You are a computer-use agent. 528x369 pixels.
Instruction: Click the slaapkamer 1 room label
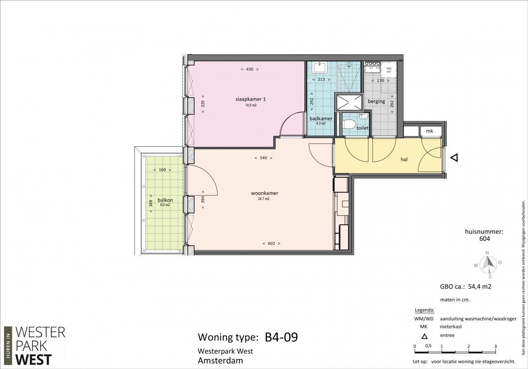250,99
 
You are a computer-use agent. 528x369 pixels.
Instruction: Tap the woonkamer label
264,193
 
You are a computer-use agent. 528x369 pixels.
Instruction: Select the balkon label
165,200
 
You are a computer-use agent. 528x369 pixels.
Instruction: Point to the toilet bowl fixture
349,124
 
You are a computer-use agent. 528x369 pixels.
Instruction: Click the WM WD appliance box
389,70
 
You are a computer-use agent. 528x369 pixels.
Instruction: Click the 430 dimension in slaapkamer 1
250,69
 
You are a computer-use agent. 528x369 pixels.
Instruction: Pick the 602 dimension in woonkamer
271,243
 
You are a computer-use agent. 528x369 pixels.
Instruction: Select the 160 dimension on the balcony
163,169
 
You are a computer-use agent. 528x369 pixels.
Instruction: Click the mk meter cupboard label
429,131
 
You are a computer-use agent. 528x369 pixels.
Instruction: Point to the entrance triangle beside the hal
454,157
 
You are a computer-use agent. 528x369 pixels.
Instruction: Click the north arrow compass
488,264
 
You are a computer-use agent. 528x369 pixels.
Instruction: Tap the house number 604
485,239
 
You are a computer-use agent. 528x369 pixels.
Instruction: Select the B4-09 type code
281,337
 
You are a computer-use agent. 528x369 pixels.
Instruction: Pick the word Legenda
424,310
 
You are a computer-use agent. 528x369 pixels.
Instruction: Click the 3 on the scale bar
495,346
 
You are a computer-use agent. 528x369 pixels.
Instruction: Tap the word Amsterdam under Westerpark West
220,361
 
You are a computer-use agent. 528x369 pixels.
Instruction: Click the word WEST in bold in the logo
33,360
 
